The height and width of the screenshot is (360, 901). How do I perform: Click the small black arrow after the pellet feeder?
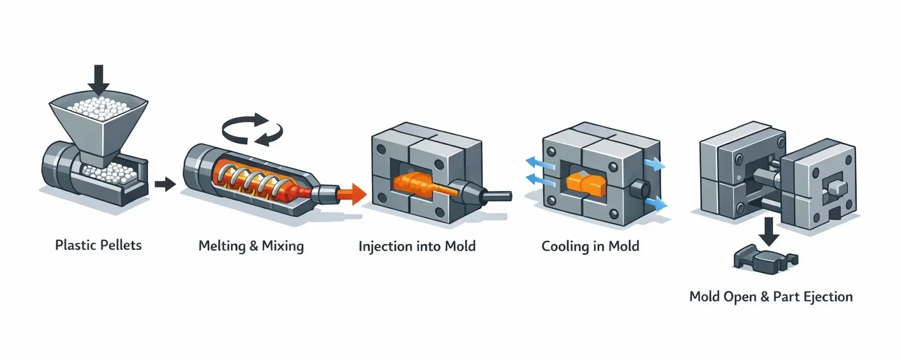[x=165, y=185]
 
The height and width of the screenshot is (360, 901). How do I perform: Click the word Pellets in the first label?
[x=120, y=244]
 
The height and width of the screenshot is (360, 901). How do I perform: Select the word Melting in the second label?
[x=222, y=246]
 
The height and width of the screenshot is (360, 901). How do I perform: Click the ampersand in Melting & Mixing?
[x=253, y=246]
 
